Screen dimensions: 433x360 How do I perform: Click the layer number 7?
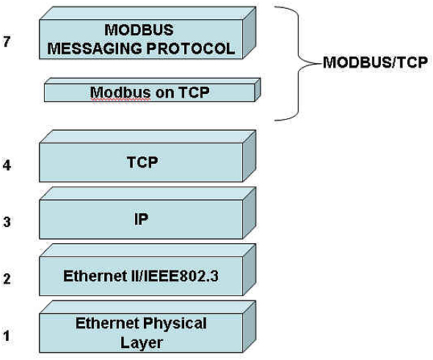[7, 42]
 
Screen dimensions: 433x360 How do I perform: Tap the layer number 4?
[7, 165]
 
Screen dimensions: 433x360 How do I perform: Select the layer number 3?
[7, 222]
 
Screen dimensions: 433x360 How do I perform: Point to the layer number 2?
[7, 278]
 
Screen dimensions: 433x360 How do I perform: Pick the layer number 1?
[6, 336]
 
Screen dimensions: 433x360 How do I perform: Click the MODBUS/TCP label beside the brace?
[375, 62]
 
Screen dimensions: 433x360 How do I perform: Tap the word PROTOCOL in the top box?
[191, 48]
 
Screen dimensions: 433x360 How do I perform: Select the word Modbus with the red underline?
[120, 92]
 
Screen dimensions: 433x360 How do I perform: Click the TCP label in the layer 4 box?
[142, 162]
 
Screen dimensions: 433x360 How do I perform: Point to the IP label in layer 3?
[141, 219]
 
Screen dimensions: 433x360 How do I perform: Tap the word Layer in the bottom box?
[141, 343]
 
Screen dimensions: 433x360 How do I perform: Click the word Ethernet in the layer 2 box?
[93, 276]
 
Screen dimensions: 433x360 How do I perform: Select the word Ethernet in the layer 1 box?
[107, 323]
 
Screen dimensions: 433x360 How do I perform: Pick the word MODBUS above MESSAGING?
[139, 29]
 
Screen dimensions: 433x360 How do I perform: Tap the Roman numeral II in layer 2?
[129, 276]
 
